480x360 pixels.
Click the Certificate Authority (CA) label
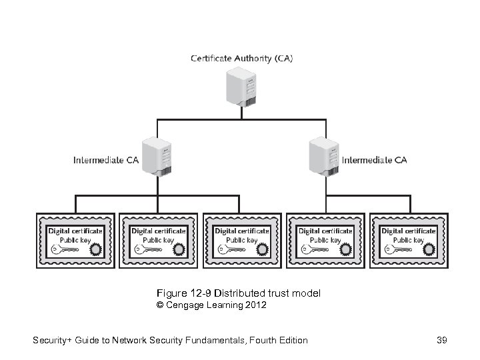[241, 58]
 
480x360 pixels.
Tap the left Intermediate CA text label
[106, 160]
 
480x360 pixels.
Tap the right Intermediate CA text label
[374, 160]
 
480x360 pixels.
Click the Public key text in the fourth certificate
[325, 239]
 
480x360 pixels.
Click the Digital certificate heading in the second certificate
[159, 231]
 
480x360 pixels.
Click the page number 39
[441, 340]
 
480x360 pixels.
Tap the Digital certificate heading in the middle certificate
[242, 231]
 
